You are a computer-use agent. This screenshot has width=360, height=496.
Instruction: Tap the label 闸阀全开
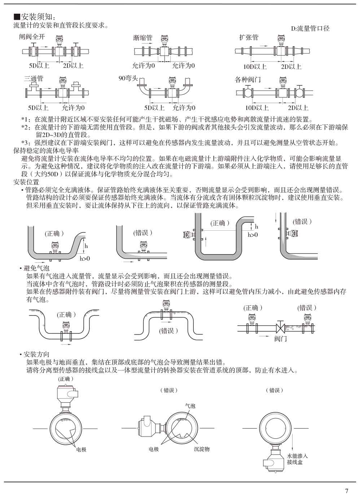(32, 37)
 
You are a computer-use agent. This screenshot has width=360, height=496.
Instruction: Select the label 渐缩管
(142, 37)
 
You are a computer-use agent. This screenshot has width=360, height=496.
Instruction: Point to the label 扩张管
(249, 37)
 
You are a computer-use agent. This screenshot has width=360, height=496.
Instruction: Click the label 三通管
(34, 79)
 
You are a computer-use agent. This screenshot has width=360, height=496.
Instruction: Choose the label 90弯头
(128, 78)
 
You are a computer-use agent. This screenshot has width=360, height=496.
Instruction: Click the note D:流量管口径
(310, 28)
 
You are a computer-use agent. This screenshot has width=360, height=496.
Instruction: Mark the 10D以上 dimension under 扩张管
(254, 66)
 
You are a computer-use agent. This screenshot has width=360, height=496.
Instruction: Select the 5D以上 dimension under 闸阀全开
(39, 66)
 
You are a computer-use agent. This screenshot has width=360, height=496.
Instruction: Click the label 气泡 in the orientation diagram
(190, 406)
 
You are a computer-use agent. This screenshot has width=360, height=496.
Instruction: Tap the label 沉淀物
(202, 449)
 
